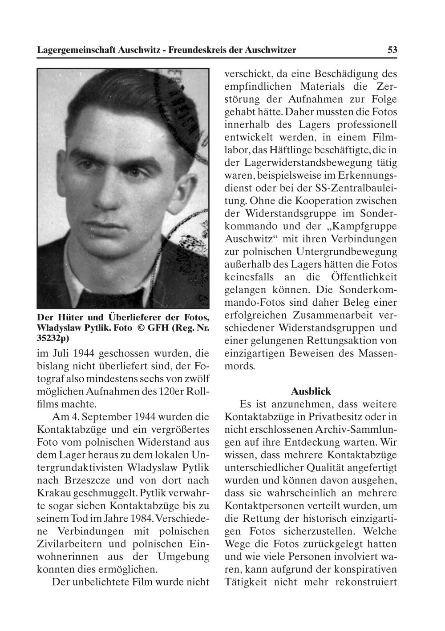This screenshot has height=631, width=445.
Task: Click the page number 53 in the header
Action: coord(392,50)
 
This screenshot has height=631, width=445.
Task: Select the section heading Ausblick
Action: coord(311,391)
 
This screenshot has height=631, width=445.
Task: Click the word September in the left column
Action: coord(109,417)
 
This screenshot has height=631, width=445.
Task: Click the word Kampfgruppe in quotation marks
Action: coord(363,226)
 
